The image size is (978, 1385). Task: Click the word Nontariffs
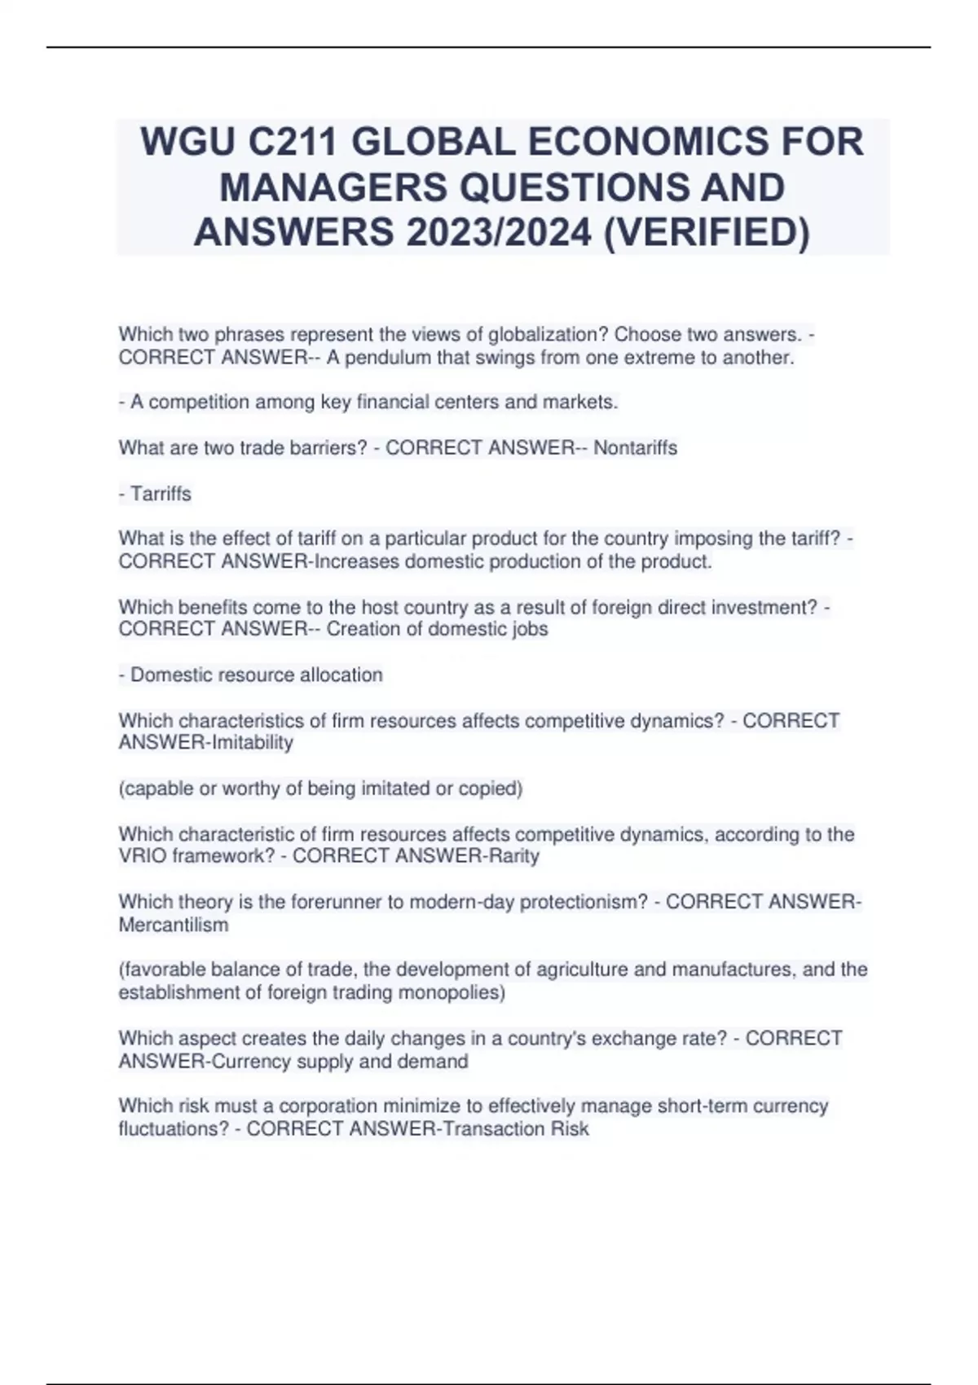(x=635, y=448)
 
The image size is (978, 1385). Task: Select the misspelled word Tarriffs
(x=161, y=495)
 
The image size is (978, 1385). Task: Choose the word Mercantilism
(x=173, y=926)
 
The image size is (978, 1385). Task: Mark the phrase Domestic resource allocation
(x=256, y=675)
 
